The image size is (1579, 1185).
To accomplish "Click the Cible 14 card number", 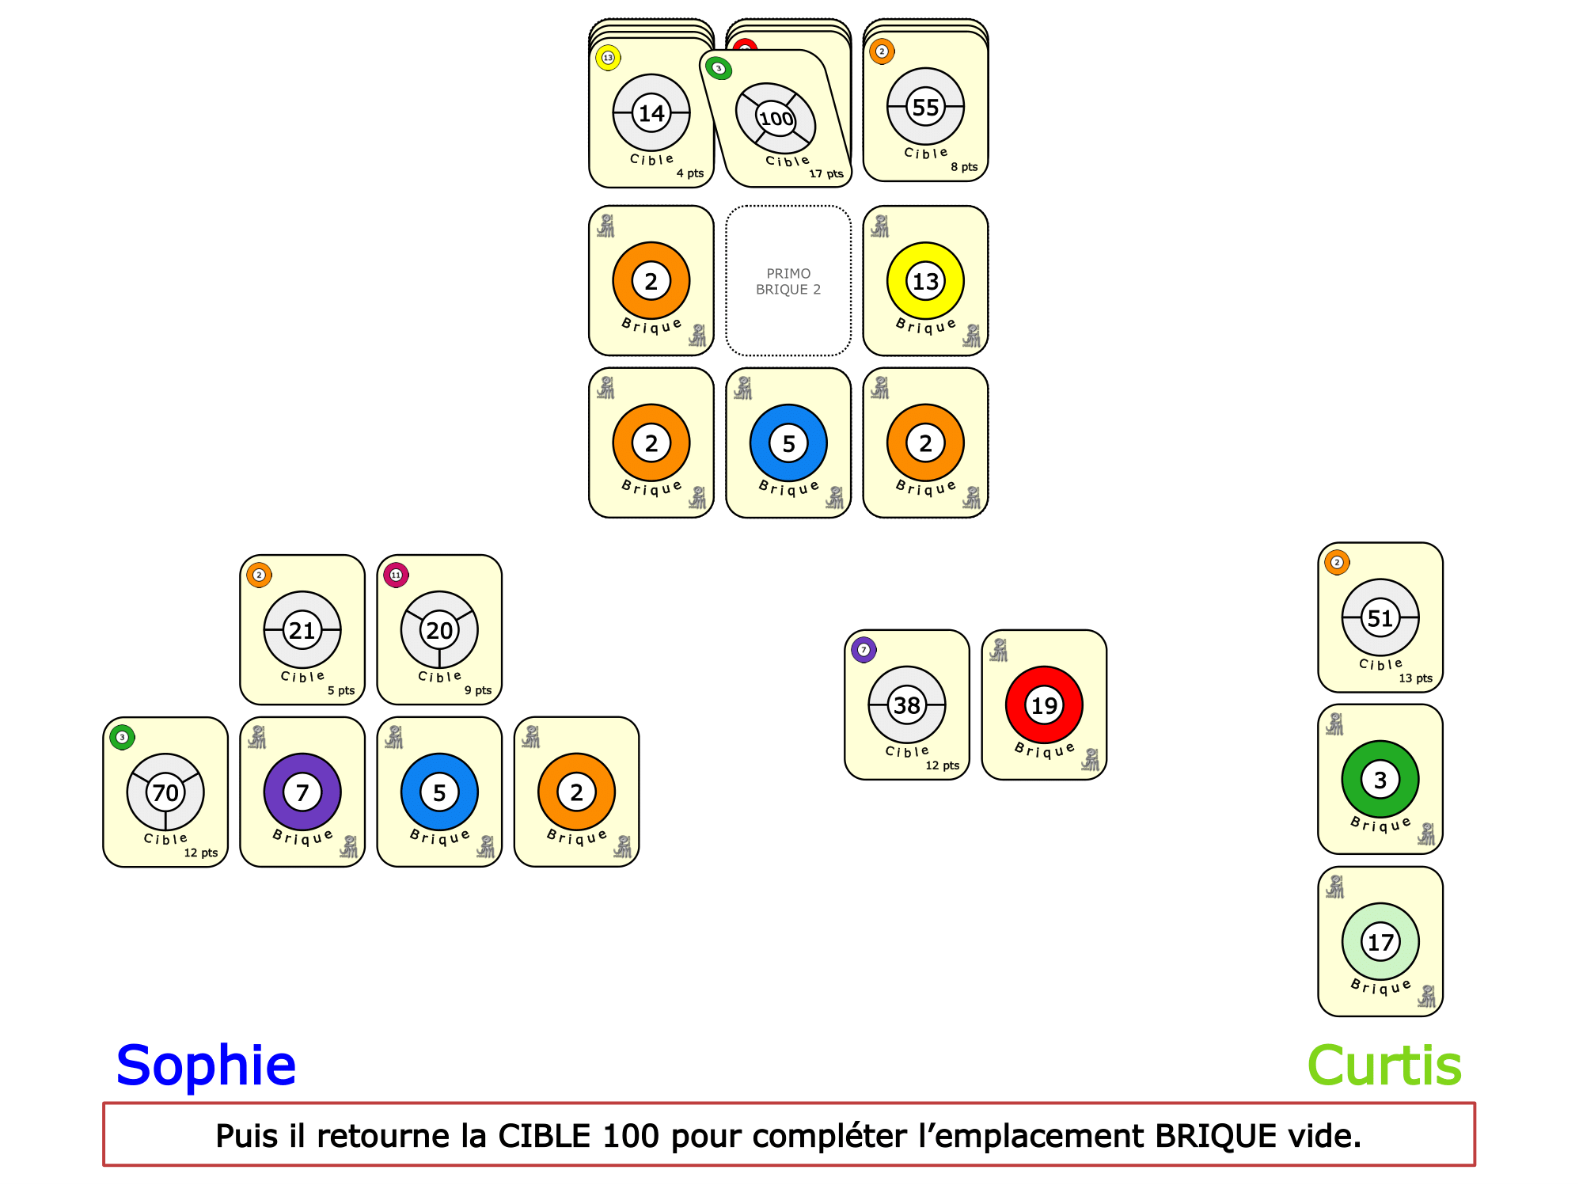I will pyautogui.click(x=651, y=113).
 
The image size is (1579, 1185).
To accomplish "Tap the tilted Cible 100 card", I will pyautogui.click(x=776, y=119).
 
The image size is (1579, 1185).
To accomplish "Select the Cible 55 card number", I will pyautogui.click(x=925, y=107).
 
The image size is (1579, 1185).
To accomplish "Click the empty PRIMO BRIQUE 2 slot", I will pyautogui.click(x=788, y=281).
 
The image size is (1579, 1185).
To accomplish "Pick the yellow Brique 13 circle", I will pyautogui.click(x=925, y=281).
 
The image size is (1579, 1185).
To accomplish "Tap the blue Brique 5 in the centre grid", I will pyautogui.click(x=788, y=443).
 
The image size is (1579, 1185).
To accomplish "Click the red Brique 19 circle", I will pyautogui.click(x=1044, y=705).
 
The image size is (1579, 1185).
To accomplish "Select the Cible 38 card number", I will pyautogui.click(x=907, y=705).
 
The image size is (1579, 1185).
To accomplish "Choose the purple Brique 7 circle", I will pyautogui.click(x=302, y=792).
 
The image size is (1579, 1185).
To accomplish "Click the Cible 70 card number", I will pyautogui.click(x=165, y=792).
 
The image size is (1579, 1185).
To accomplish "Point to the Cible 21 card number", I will pyautogui.click(x=302, y=630).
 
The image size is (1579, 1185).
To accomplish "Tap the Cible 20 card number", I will pyautogui.click(x=439, y=630).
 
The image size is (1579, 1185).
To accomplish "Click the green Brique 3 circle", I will pyautogui.click(x=1380, y=780).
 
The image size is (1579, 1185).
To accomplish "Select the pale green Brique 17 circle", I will pyautogui.click(x=1380, y=942).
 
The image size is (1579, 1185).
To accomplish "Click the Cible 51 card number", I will pyautogui.click(x=1380, y=618).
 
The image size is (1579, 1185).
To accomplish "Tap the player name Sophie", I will pyautogui.click(x=206, y=1065).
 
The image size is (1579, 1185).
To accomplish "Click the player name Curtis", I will pyautogui.click(x=1384, y=1065).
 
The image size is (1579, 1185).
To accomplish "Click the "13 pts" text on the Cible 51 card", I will pyautogui.click(x=1415, y=678).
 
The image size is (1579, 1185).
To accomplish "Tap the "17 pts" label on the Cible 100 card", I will pyautogui.click(x=826, y=173).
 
